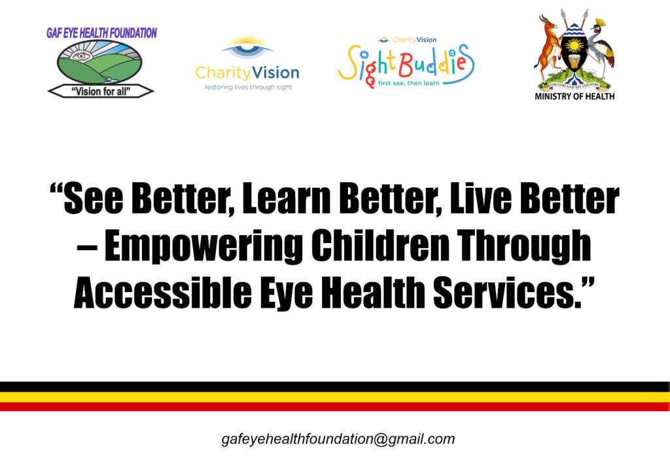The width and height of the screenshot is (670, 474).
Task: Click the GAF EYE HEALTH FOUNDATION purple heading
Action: (101, 33)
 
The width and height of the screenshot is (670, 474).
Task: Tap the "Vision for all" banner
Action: (101, 91)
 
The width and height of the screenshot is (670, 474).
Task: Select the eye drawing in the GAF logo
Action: (80, 56)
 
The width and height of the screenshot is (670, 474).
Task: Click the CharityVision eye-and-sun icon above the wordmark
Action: (247, 47)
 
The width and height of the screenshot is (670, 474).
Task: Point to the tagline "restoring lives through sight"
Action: (248, 87)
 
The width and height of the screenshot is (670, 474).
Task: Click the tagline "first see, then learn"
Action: (408, 83)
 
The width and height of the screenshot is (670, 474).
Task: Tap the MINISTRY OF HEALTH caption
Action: (574, 97)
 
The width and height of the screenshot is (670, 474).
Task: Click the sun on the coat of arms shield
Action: (574, 45)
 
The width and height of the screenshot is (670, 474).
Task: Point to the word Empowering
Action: (203, 246)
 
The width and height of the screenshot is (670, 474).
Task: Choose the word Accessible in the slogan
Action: (163, 293)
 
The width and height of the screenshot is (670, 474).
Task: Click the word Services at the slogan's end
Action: (508, 293)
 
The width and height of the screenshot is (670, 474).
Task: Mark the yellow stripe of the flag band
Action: (335, 397)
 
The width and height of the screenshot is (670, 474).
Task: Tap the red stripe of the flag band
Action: (335, 407)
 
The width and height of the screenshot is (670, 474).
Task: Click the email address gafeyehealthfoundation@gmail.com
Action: (338, 439)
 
